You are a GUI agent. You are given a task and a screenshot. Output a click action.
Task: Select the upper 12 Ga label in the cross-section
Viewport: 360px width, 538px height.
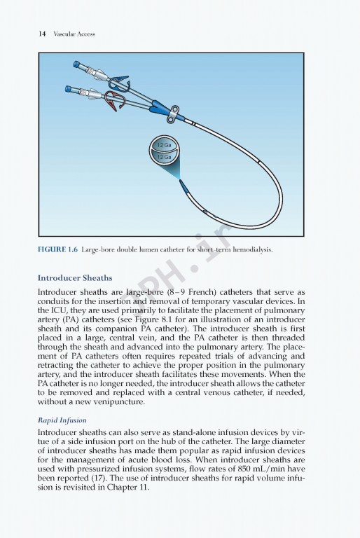coord(164,145)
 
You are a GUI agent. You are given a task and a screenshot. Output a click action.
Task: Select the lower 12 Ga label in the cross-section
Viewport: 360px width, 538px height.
coord(164,158)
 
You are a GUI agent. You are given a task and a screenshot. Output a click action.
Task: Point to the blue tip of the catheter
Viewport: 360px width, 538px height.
coord(184,186)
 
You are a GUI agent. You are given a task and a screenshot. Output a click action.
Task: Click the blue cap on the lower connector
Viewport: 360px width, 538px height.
coord(69,89)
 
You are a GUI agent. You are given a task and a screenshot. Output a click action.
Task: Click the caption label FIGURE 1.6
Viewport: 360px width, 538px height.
coord(57,249)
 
